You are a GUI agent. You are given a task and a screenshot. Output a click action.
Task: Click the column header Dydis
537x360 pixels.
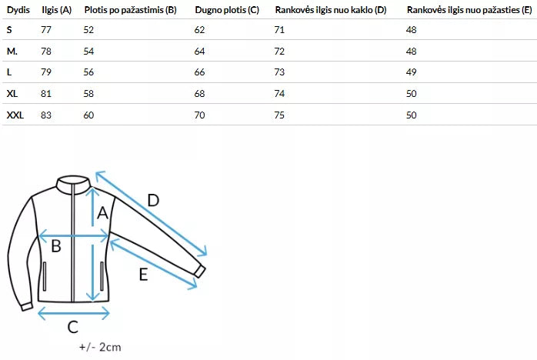pyautogui.click(x=18, y=10)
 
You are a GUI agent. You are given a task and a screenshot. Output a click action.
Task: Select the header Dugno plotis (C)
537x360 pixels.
pyautogui.click(x=227, y=10)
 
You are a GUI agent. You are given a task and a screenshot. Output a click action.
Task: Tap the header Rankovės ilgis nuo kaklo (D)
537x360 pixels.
pyautogui.click(x=331, y=10)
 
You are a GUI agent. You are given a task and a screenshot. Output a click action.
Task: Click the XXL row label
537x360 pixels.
pyautogui.click(x=15, y=115)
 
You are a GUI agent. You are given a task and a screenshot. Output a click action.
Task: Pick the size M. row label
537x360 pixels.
pyautogui.click(x=12, y=52)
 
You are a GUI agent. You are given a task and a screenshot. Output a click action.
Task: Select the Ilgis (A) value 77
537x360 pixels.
pyautogui.click(x=46, y=30)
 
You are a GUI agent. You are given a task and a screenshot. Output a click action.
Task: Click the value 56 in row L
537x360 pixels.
pyautogui.click(x=88, y=72)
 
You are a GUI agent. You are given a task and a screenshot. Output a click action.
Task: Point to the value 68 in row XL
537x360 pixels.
pyautogui.click(x=199, y=94)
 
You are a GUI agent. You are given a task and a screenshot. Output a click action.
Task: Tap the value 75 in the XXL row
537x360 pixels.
pyautogui.click(x=279, y=115)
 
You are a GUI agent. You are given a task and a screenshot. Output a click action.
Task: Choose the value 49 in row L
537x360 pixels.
pyautogui.click(x=411, y=72)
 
